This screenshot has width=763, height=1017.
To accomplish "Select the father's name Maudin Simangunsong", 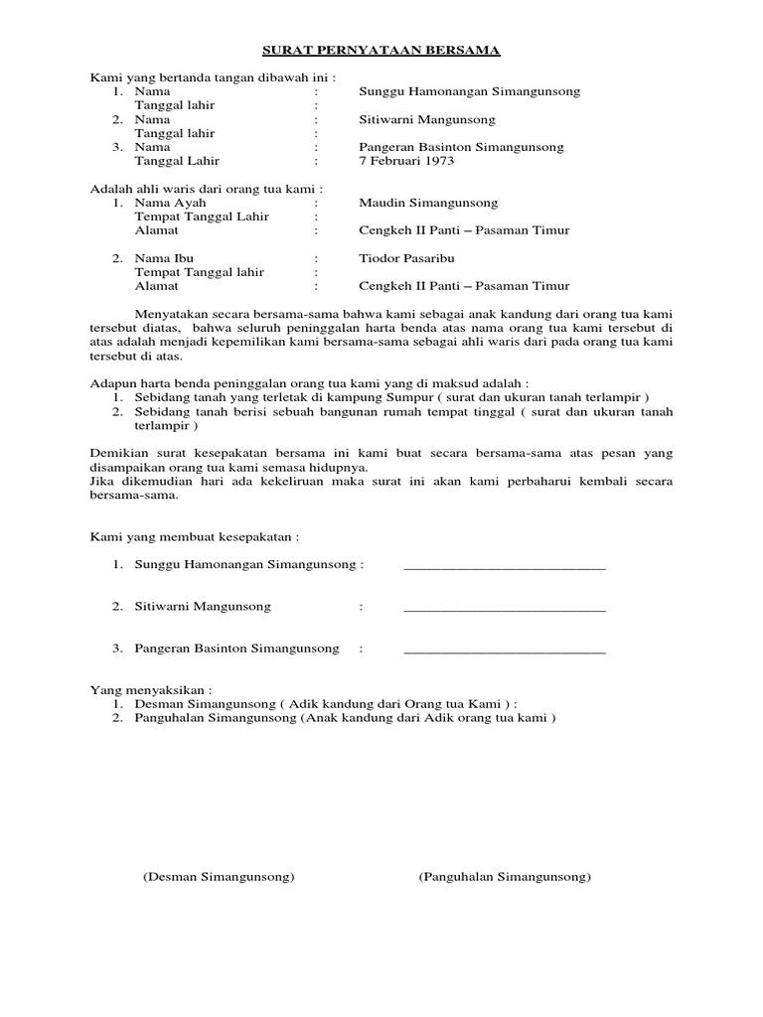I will tap(428, 203).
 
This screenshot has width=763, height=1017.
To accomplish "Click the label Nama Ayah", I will tap(167, 203).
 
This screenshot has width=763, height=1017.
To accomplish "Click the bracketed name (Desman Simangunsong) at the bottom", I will tap(219, 878).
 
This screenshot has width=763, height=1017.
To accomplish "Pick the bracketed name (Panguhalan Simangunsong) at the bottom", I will tap(505, 878).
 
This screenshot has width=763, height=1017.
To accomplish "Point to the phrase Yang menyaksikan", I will tap(151, 688).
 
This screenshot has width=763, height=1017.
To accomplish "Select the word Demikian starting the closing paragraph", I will tap(117, 453).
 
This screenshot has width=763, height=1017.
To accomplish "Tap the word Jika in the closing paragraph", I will tap(100, 481).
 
